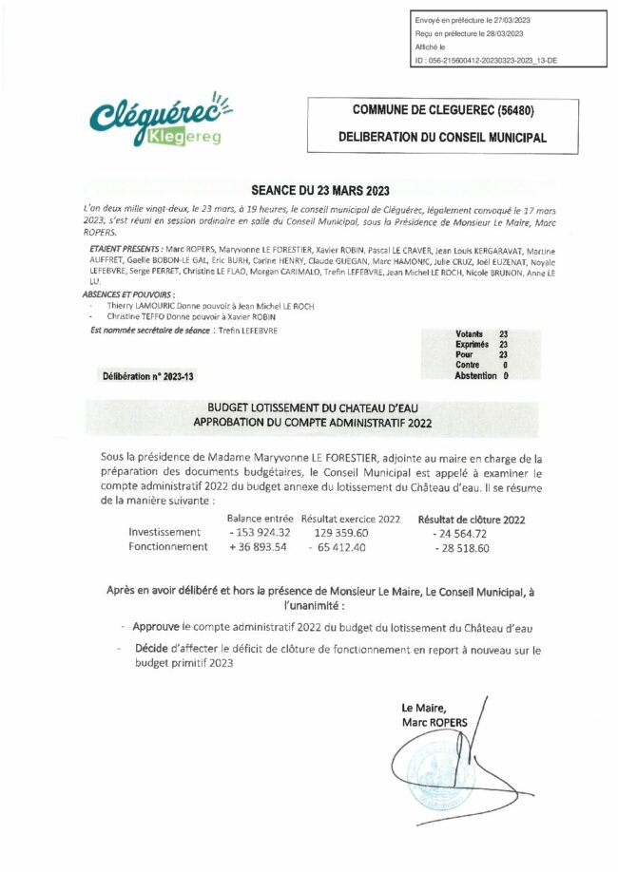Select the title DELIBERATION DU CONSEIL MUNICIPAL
pos(443,138)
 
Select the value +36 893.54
pos(260,547)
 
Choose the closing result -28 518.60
pos(461,548)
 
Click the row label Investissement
pos(164,532)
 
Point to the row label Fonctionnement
pos(168,547)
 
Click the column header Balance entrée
pos(260,519)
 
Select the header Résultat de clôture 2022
pos(472,519)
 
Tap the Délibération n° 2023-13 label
pos(148,376)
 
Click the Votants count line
pos(482,334)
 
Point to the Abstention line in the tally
pos(482,375)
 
